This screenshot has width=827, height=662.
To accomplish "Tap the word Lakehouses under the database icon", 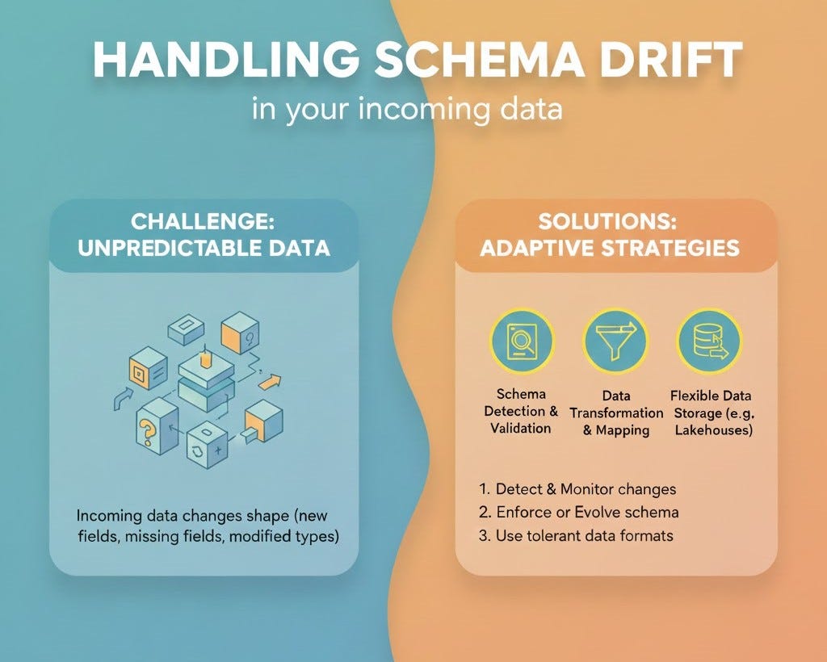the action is point(713,430).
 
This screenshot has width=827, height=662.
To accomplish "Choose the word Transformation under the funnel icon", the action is point(615,413).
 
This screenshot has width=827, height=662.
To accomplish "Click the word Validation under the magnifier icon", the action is point(521,428).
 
